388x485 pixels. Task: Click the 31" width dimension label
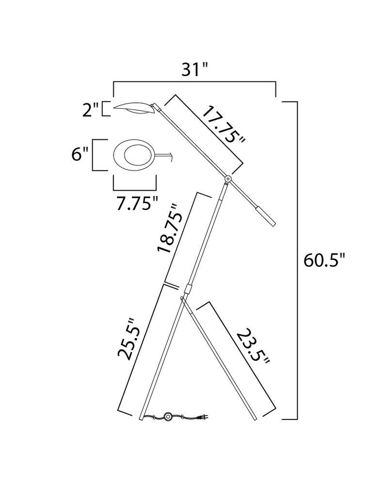tap(195, 69)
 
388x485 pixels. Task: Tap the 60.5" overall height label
tap(324, 260)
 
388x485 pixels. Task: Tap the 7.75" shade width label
tap(137, 204)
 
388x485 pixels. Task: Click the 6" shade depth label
tap(80, 154)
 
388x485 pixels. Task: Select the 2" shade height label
tap(90, 110)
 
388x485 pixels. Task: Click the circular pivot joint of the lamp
tap(228, 179)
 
